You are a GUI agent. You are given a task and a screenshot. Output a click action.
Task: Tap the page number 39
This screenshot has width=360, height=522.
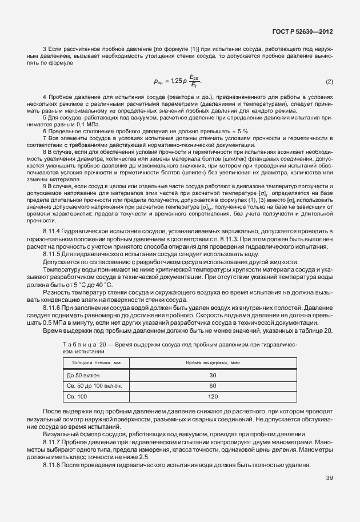[329, 478]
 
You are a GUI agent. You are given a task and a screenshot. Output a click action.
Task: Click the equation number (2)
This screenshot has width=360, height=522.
[329, 82]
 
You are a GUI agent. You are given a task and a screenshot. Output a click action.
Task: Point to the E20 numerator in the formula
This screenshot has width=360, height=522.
[194, 78]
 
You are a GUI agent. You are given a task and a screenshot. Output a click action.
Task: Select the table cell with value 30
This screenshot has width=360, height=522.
[213, 375]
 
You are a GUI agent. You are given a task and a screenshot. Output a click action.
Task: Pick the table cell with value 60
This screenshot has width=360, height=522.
[213, 386]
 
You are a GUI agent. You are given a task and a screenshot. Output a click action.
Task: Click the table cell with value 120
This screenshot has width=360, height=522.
[213, 396]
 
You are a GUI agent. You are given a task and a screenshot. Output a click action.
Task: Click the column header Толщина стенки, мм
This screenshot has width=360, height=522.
[95, 363]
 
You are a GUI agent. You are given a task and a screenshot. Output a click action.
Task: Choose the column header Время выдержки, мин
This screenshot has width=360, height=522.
[213, 363]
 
